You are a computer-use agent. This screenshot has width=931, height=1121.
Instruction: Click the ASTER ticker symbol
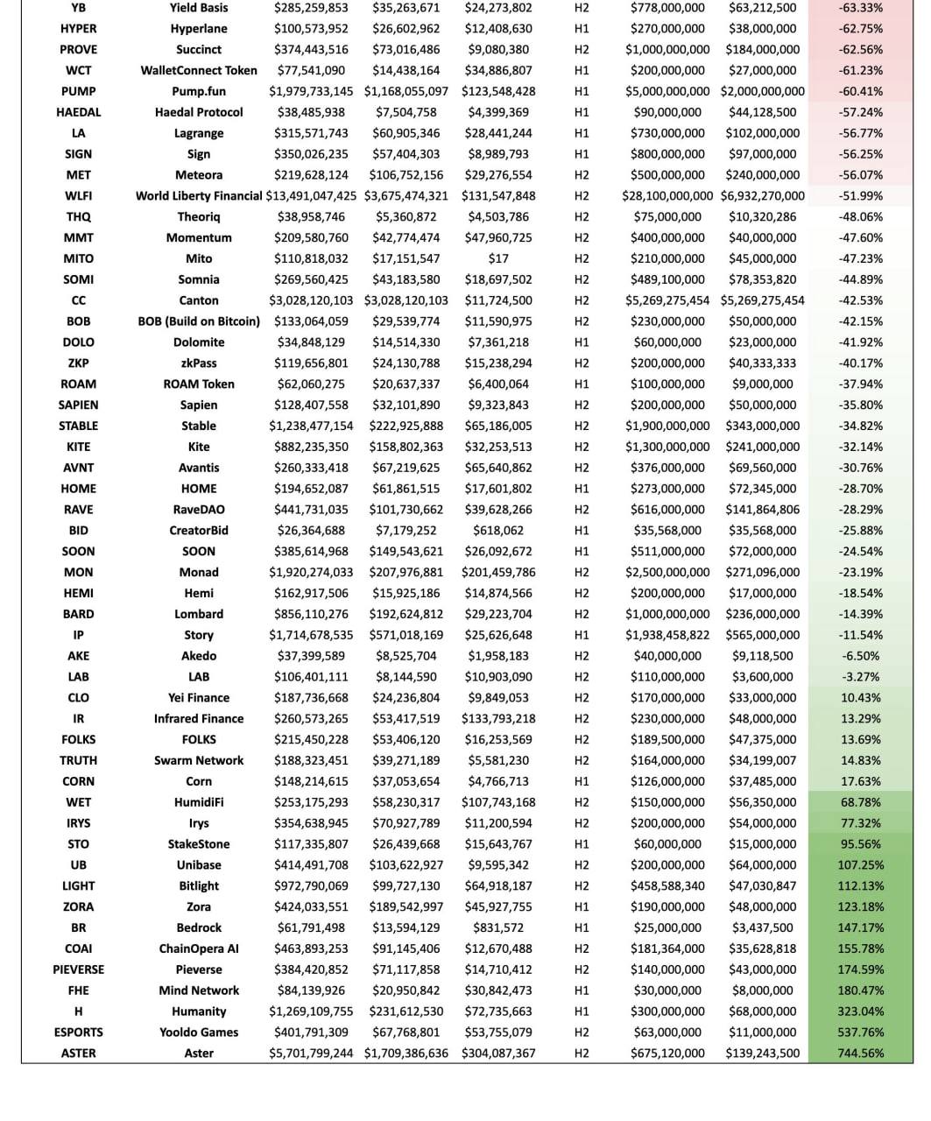78,1054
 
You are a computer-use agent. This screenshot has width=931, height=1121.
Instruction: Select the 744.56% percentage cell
860,1054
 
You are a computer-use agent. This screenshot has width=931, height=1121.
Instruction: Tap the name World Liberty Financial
199,196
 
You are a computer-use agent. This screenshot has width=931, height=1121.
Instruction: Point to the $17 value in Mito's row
498,258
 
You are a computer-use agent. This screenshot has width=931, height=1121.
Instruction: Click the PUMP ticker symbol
78,91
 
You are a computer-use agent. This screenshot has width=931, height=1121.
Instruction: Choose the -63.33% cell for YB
860,8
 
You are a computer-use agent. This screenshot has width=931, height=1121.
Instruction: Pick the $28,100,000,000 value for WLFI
667,196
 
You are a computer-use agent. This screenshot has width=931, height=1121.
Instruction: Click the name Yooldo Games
199,1033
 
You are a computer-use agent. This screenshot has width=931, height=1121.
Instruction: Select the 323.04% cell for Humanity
860,1012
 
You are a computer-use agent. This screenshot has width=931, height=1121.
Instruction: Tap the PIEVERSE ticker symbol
78,969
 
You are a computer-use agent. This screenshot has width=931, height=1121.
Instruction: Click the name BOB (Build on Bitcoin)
199,321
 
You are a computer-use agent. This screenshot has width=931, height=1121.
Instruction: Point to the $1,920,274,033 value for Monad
311,572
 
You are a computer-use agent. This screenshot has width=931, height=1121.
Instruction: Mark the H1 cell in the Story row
582,635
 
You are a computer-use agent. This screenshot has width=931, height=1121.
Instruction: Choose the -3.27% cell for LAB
860,677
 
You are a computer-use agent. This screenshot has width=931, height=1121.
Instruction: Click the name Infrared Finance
199,719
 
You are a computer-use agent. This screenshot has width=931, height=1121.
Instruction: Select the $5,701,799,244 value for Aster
311,1054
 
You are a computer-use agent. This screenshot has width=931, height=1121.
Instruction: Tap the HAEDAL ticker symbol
78,112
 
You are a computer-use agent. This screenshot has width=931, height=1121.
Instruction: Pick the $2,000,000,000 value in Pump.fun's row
762,91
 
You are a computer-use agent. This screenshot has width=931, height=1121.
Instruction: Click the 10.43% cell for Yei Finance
860,698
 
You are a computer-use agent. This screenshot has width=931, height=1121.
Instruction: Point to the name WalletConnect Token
199,70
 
